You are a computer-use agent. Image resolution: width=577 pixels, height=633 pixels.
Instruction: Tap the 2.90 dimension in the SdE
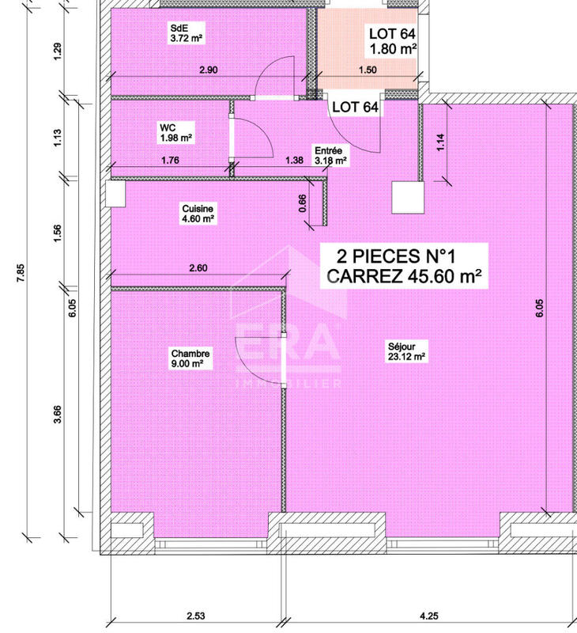point(209,70)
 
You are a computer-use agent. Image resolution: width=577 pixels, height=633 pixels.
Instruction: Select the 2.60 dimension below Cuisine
point(198,268)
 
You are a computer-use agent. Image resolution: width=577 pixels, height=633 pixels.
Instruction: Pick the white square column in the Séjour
point(409,197)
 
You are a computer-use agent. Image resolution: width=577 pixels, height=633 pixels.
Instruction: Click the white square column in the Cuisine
point(115,193)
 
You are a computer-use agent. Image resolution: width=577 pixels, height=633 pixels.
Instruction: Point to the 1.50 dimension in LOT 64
point(368,70)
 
